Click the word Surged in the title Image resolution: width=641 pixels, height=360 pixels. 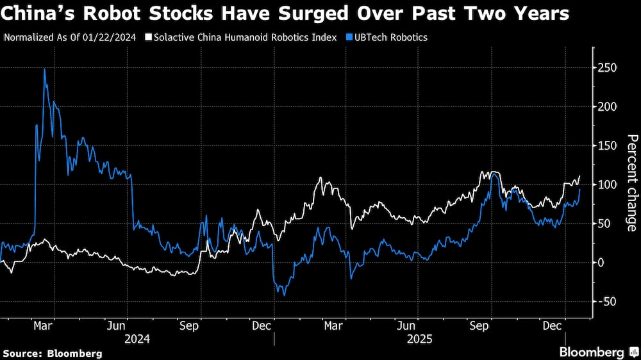coord(340,13)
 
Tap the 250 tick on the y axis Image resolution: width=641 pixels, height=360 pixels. coord(608,68)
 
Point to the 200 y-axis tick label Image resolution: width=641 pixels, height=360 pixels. coord(608,106)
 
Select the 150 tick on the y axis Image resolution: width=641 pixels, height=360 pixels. coord(608,145)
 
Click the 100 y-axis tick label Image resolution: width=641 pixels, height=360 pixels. coord(608,184)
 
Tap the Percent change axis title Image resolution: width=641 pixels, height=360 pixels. coord(631,183)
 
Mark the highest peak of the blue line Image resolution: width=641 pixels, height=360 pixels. coord(44,69)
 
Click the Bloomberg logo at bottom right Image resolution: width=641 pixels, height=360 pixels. coord(597,352)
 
